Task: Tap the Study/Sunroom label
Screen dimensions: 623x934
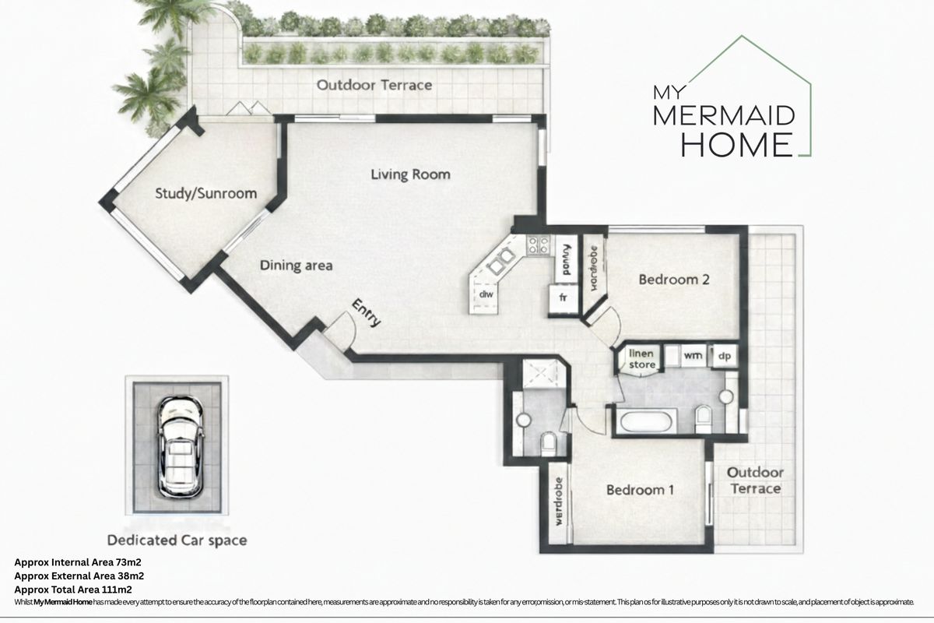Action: (x=205, y=194)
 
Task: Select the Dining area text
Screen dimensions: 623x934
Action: (x=296, y=266)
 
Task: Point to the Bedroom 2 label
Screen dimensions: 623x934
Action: (x=673, y=279)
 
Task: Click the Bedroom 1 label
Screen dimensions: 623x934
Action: (x=640, y=490)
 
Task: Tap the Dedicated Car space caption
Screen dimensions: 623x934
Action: (x=177, y=540)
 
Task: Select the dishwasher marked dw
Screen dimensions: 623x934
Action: (x=486, y=294)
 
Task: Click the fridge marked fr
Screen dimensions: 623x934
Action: (x=562, y=297)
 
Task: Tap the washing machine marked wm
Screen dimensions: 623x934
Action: (x=692, y=355)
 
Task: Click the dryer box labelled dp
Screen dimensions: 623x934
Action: (x=723, y=355)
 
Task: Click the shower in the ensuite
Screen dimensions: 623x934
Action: (x=539, y=371)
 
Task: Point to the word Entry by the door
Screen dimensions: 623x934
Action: (x=367, y=311)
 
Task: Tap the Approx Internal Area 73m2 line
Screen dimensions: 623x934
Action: (x=78, y=561)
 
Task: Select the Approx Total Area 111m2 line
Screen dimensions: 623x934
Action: (x=75, y=590)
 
